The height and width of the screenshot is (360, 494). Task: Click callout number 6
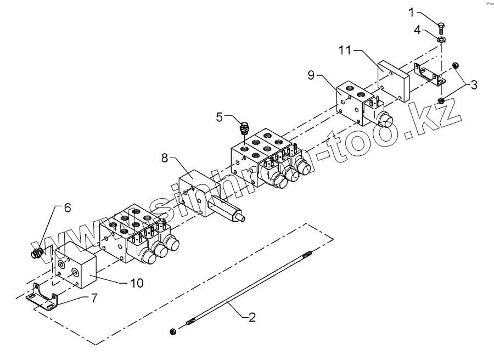coord(68,208)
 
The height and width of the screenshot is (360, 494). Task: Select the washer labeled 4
coord(442,40)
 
